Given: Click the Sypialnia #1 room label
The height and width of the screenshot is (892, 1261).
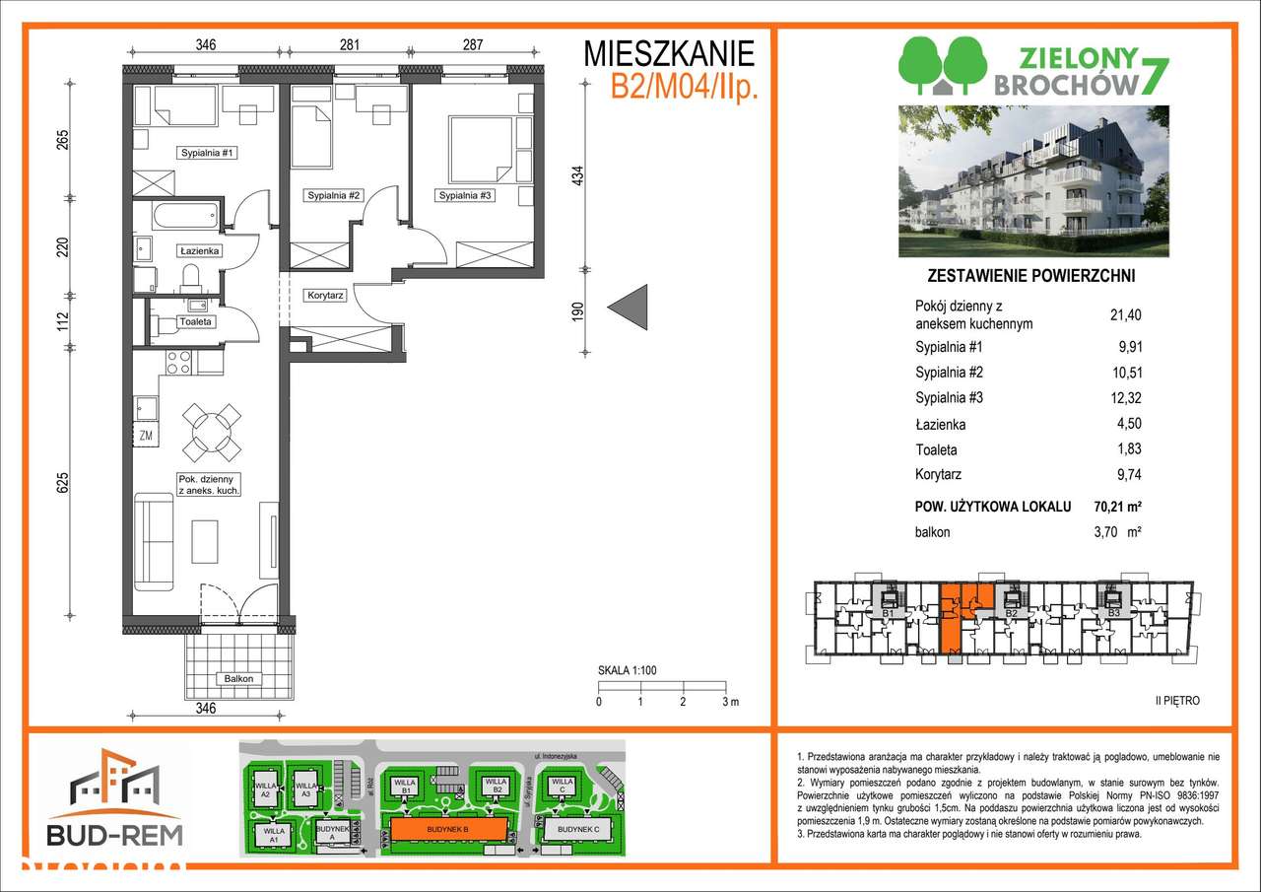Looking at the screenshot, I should [208, 154].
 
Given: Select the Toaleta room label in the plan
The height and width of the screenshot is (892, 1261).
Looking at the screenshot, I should [196, 321].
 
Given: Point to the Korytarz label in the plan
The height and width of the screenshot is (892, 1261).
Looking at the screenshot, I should [324, 295].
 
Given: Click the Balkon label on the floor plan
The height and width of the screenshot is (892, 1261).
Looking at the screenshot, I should [237, 678].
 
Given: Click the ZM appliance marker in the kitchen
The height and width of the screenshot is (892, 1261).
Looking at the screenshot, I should [145, 435].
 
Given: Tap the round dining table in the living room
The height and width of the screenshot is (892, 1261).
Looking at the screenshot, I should [213, 432].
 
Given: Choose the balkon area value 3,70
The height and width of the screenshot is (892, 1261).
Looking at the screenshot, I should [1117, 532].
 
